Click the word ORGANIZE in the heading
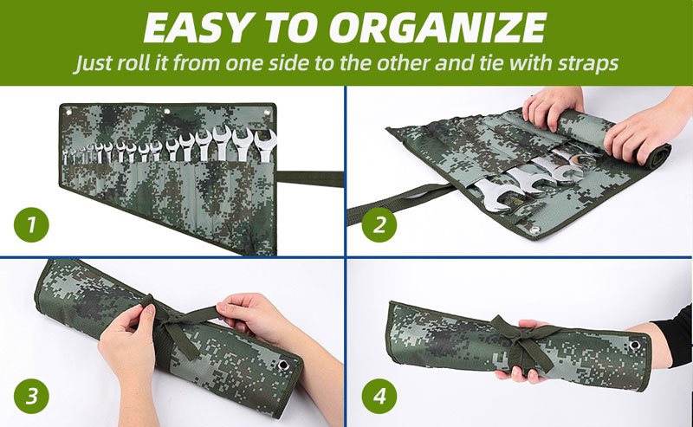tap(437, 28)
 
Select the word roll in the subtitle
tap(134, 62)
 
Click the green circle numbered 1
tap(31, 224)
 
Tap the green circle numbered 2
tap(379, 224)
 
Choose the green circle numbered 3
tap(31, 396)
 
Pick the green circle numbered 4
tap(379, 396)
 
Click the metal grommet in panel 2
tap(536, 230)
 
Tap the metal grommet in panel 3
tap(283, 366)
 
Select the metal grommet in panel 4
tap(635, 345)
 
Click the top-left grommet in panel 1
tap(69, 113)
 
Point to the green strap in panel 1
tap(310, 179)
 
